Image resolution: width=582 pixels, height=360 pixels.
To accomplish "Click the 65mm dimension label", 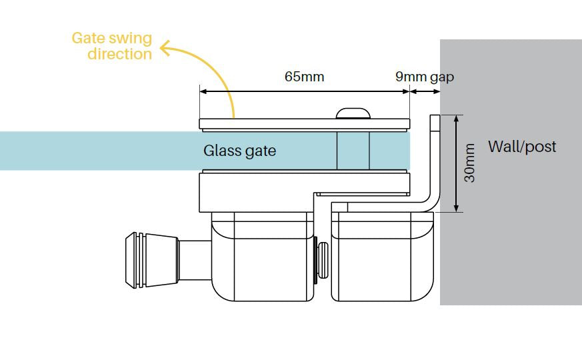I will (x=304, y=77).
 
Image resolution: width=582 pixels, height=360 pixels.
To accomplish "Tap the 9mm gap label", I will (x=424, y=77).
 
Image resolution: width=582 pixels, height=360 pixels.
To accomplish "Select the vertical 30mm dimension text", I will (x=470, y=163).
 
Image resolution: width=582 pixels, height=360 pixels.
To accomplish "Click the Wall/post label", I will (x=522, y=147).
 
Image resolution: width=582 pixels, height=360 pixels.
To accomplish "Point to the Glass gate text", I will (x=239, y=151).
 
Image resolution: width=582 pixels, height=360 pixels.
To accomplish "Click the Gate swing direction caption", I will (x=112, y=46).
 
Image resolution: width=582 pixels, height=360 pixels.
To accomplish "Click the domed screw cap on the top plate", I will (x=354, y=113).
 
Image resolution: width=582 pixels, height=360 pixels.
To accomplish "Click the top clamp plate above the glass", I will (x=304, y=123).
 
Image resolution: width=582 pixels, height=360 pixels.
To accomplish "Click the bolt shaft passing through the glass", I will (x=353, y=151).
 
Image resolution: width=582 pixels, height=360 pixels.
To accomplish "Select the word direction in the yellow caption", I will (x=120, y=54).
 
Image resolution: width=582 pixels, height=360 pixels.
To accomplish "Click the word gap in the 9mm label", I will (x=442, y=77).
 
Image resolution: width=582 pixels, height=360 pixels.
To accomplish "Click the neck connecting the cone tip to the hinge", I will (x=194, y=257).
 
